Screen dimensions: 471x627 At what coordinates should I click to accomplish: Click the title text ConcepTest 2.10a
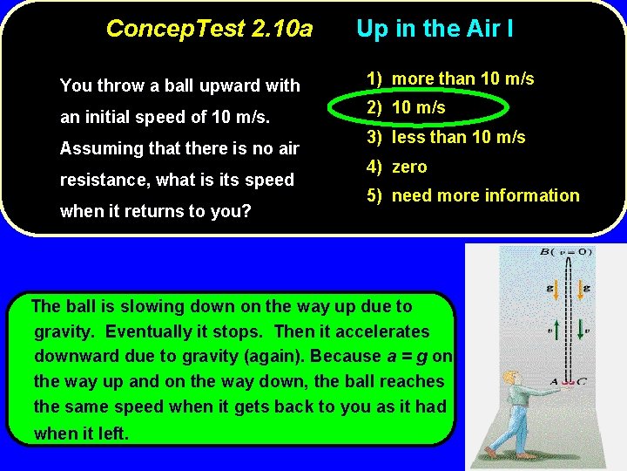click(x=209, y=29)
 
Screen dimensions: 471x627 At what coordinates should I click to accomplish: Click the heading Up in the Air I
click(x=435, y=29)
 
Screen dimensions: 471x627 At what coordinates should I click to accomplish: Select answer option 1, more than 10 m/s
click(x=450, y=78)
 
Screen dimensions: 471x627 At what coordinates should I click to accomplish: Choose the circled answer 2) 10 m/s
click(x=406, y=107)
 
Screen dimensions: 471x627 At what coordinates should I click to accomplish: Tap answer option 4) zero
click(x=397, y=167)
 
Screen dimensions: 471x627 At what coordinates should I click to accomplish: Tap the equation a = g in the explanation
click(x=406, y=356)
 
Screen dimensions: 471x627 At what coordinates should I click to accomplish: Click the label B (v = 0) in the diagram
click(x=565, y=252)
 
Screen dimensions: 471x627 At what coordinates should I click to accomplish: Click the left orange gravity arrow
click(x=556, y=288)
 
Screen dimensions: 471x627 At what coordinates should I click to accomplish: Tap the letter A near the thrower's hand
click(x=554, y=381)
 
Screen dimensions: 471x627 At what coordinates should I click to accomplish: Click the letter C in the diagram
click(x=583, y=381)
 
